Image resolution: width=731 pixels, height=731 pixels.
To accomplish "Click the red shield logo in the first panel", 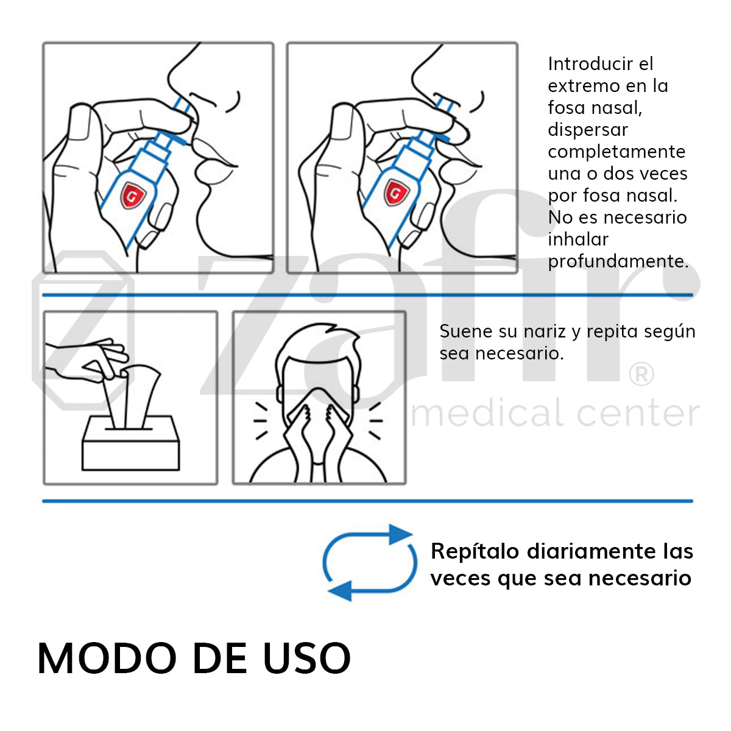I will coord(130,194).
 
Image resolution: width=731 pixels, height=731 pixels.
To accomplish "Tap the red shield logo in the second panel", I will coord(395,194).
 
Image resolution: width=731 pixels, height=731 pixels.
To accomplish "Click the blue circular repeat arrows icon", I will coord(369,562).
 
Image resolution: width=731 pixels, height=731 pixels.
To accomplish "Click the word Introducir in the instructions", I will coord(592,64).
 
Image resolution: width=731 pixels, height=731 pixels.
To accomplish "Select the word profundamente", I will coord(618,261).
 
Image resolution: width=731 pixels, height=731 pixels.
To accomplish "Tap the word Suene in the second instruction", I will coord(466,331).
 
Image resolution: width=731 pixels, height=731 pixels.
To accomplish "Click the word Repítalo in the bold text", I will coord(475,551).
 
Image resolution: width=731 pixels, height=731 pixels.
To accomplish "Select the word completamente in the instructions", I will coord(616,152).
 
